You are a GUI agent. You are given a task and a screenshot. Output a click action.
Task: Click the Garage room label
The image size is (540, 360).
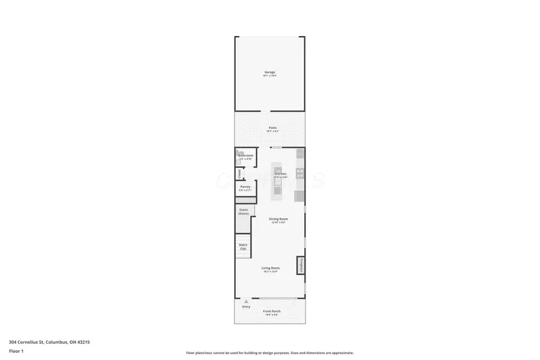tap(270, 72)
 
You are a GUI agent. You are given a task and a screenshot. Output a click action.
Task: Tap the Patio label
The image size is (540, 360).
tap(272, 128)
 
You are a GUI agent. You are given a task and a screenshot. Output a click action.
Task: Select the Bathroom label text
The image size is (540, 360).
tap(245, 155)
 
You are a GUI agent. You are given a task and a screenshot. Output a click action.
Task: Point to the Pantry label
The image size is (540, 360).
tap(245, 187)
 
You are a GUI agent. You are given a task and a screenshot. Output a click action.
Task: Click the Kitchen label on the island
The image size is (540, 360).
tap(280, 174)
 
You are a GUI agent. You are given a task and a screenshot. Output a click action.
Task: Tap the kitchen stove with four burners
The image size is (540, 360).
tap(300, 174)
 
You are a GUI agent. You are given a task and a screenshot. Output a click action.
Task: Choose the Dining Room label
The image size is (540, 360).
tap(278, 219)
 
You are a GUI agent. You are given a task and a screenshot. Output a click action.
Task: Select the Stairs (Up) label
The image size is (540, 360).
tap(243, 246)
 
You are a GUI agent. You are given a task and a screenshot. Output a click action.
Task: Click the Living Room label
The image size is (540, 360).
tap(270, 268)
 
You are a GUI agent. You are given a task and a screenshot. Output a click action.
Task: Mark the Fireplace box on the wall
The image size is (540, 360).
tap(301, 265)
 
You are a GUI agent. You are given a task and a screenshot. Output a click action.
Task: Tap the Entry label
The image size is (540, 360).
tap(246, 307)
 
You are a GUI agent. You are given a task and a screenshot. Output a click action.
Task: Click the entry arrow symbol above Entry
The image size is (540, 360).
tap(246, 301)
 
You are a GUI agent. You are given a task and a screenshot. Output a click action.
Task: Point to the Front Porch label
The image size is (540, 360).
tap(272, 311)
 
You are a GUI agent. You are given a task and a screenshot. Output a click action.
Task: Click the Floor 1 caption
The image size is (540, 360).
tap(16, 350)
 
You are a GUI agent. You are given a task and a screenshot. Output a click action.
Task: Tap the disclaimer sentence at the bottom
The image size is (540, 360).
tap(269, 353)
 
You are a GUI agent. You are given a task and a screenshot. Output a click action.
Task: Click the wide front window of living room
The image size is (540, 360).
tap(278, 298)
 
